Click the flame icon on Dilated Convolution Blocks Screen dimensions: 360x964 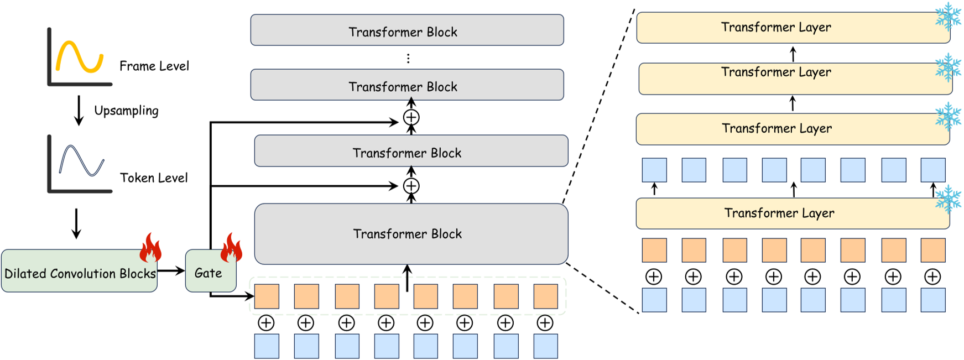tap(150, 248)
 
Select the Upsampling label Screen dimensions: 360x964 tap(126, 111)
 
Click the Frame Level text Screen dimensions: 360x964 tap(154, 66)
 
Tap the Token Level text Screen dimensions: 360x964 tap(154, 178)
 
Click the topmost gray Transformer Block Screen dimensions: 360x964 tap(407, 30)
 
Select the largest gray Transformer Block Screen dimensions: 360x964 tap(411, 234)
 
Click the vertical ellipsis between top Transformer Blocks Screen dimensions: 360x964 tap(408, 58)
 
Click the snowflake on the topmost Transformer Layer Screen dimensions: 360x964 tap(948, 17)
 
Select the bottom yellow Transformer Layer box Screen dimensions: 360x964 tap(792, 213)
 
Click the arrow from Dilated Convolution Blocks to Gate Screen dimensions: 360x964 tap(171, 270)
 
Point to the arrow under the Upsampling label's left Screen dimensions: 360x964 tap(79, 110)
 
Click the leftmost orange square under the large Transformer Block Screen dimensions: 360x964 tap(267, 296)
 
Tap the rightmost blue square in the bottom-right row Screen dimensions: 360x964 tap(932, 300)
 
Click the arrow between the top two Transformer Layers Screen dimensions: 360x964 tap(793, 54)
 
